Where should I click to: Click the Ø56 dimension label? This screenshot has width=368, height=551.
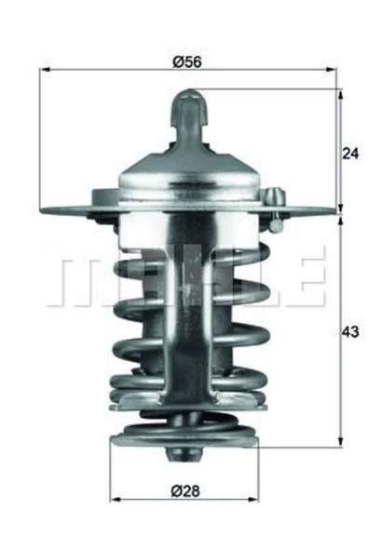click(188, 62)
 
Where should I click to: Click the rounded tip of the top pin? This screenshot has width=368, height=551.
click(189, 96)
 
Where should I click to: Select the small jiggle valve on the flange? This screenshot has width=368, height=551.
click(273, 196)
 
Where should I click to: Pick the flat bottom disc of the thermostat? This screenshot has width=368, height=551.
click(183, 437)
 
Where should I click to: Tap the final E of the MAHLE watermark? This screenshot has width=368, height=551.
click(307, 277)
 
